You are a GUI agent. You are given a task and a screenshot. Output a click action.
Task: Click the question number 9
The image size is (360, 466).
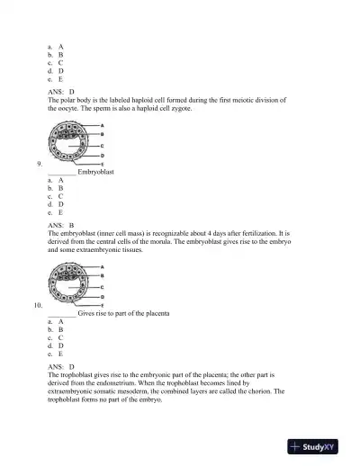pyautogui.click(x=40, y=163)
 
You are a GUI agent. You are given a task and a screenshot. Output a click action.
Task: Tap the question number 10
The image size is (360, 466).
pyautogui.click(x=39, y=305)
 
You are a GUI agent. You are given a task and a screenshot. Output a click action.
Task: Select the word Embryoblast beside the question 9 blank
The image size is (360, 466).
pyautogui.click(x=96, y=171)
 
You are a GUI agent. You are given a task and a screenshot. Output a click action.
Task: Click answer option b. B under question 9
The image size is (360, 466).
pyautogui.click(x=55, y=188)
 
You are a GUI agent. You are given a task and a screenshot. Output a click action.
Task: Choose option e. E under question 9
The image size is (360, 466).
pyautogui.click(x=55, y=212)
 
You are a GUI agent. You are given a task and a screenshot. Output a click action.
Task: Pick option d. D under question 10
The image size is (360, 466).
pyautogui.click(x=55, y=345)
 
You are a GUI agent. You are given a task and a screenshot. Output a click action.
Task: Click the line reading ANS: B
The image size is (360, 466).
pyautogui.click(x=60, y=224)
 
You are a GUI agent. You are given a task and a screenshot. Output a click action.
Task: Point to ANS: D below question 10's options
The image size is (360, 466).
pyautogui.click(x=60, y=367)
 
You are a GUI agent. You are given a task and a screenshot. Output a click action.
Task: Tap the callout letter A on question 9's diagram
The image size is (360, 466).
pyautogui.click(x=102, y=125)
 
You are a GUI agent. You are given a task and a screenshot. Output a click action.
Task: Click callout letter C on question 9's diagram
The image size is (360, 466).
pyautogui.click(x=102, y=144)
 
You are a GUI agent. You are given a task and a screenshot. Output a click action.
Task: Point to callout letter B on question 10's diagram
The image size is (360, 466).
pyautogui.click(x=102, y=276)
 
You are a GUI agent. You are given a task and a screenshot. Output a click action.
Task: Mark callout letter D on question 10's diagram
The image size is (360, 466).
pyautogui.click(x=102, y=296)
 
